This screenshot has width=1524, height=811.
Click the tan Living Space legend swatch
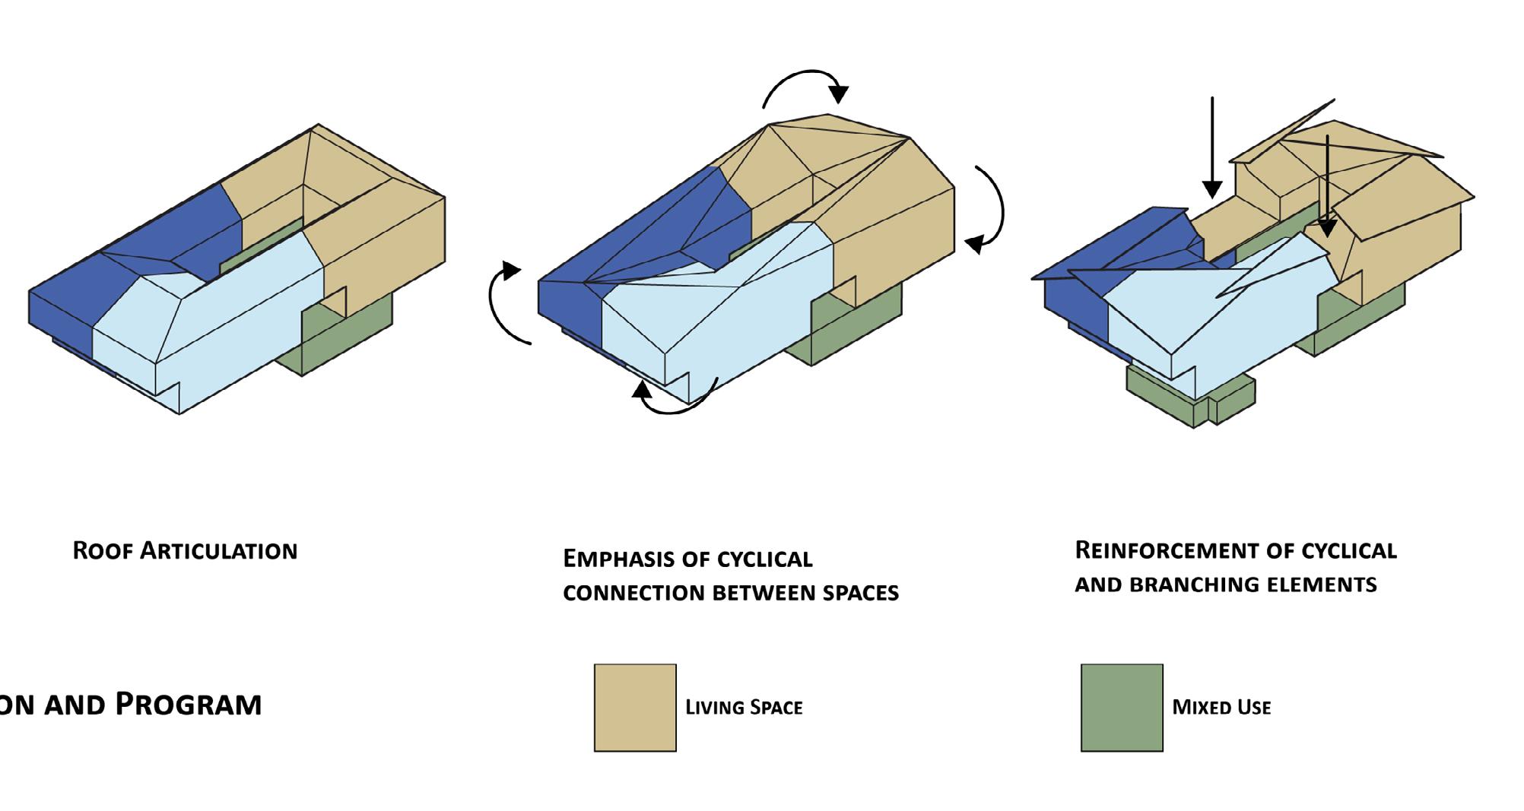(635, 708)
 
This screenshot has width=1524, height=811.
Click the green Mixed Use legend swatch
(1122, 708)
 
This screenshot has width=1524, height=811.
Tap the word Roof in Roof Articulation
(103, 550)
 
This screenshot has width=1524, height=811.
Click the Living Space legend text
(744, 708)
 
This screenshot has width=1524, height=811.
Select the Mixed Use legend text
(1221, 708)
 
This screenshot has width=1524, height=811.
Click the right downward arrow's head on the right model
(1327, 226)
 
